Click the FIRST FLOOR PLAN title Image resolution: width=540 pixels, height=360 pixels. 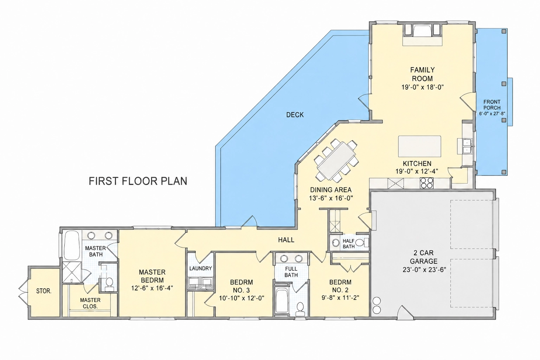[138, 181]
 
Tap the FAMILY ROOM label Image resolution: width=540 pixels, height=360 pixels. [422, 74]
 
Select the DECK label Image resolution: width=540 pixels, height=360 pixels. [295, 115]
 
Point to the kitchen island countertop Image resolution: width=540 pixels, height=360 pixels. [419, 146]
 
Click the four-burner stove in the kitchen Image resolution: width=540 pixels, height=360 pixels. [426, 183]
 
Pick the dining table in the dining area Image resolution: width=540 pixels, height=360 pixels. [336, 161]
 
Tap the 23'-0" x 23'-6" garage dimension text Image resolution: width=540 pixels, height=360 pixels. [424, 270]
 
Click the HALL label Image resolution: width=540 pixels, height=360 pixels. [286, 240]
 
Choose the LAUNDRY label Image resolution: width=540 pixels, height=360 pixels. [201, 268]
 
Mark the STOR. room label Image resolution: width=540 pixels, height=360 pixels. [44, 291]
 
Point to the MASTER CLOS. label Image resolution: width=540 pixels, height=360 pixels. [90, 303]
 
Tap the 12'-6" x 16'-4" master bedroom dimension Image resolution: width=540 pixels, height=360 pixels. [152, 288]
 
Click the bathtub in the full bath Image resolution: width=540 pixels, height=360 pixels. [281, 301]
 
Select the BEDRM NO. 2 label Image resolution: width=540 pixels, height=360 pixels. [340, 286]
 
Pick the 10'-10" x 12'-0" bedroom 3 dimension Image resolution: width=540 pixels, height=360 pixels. [242, 298]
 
